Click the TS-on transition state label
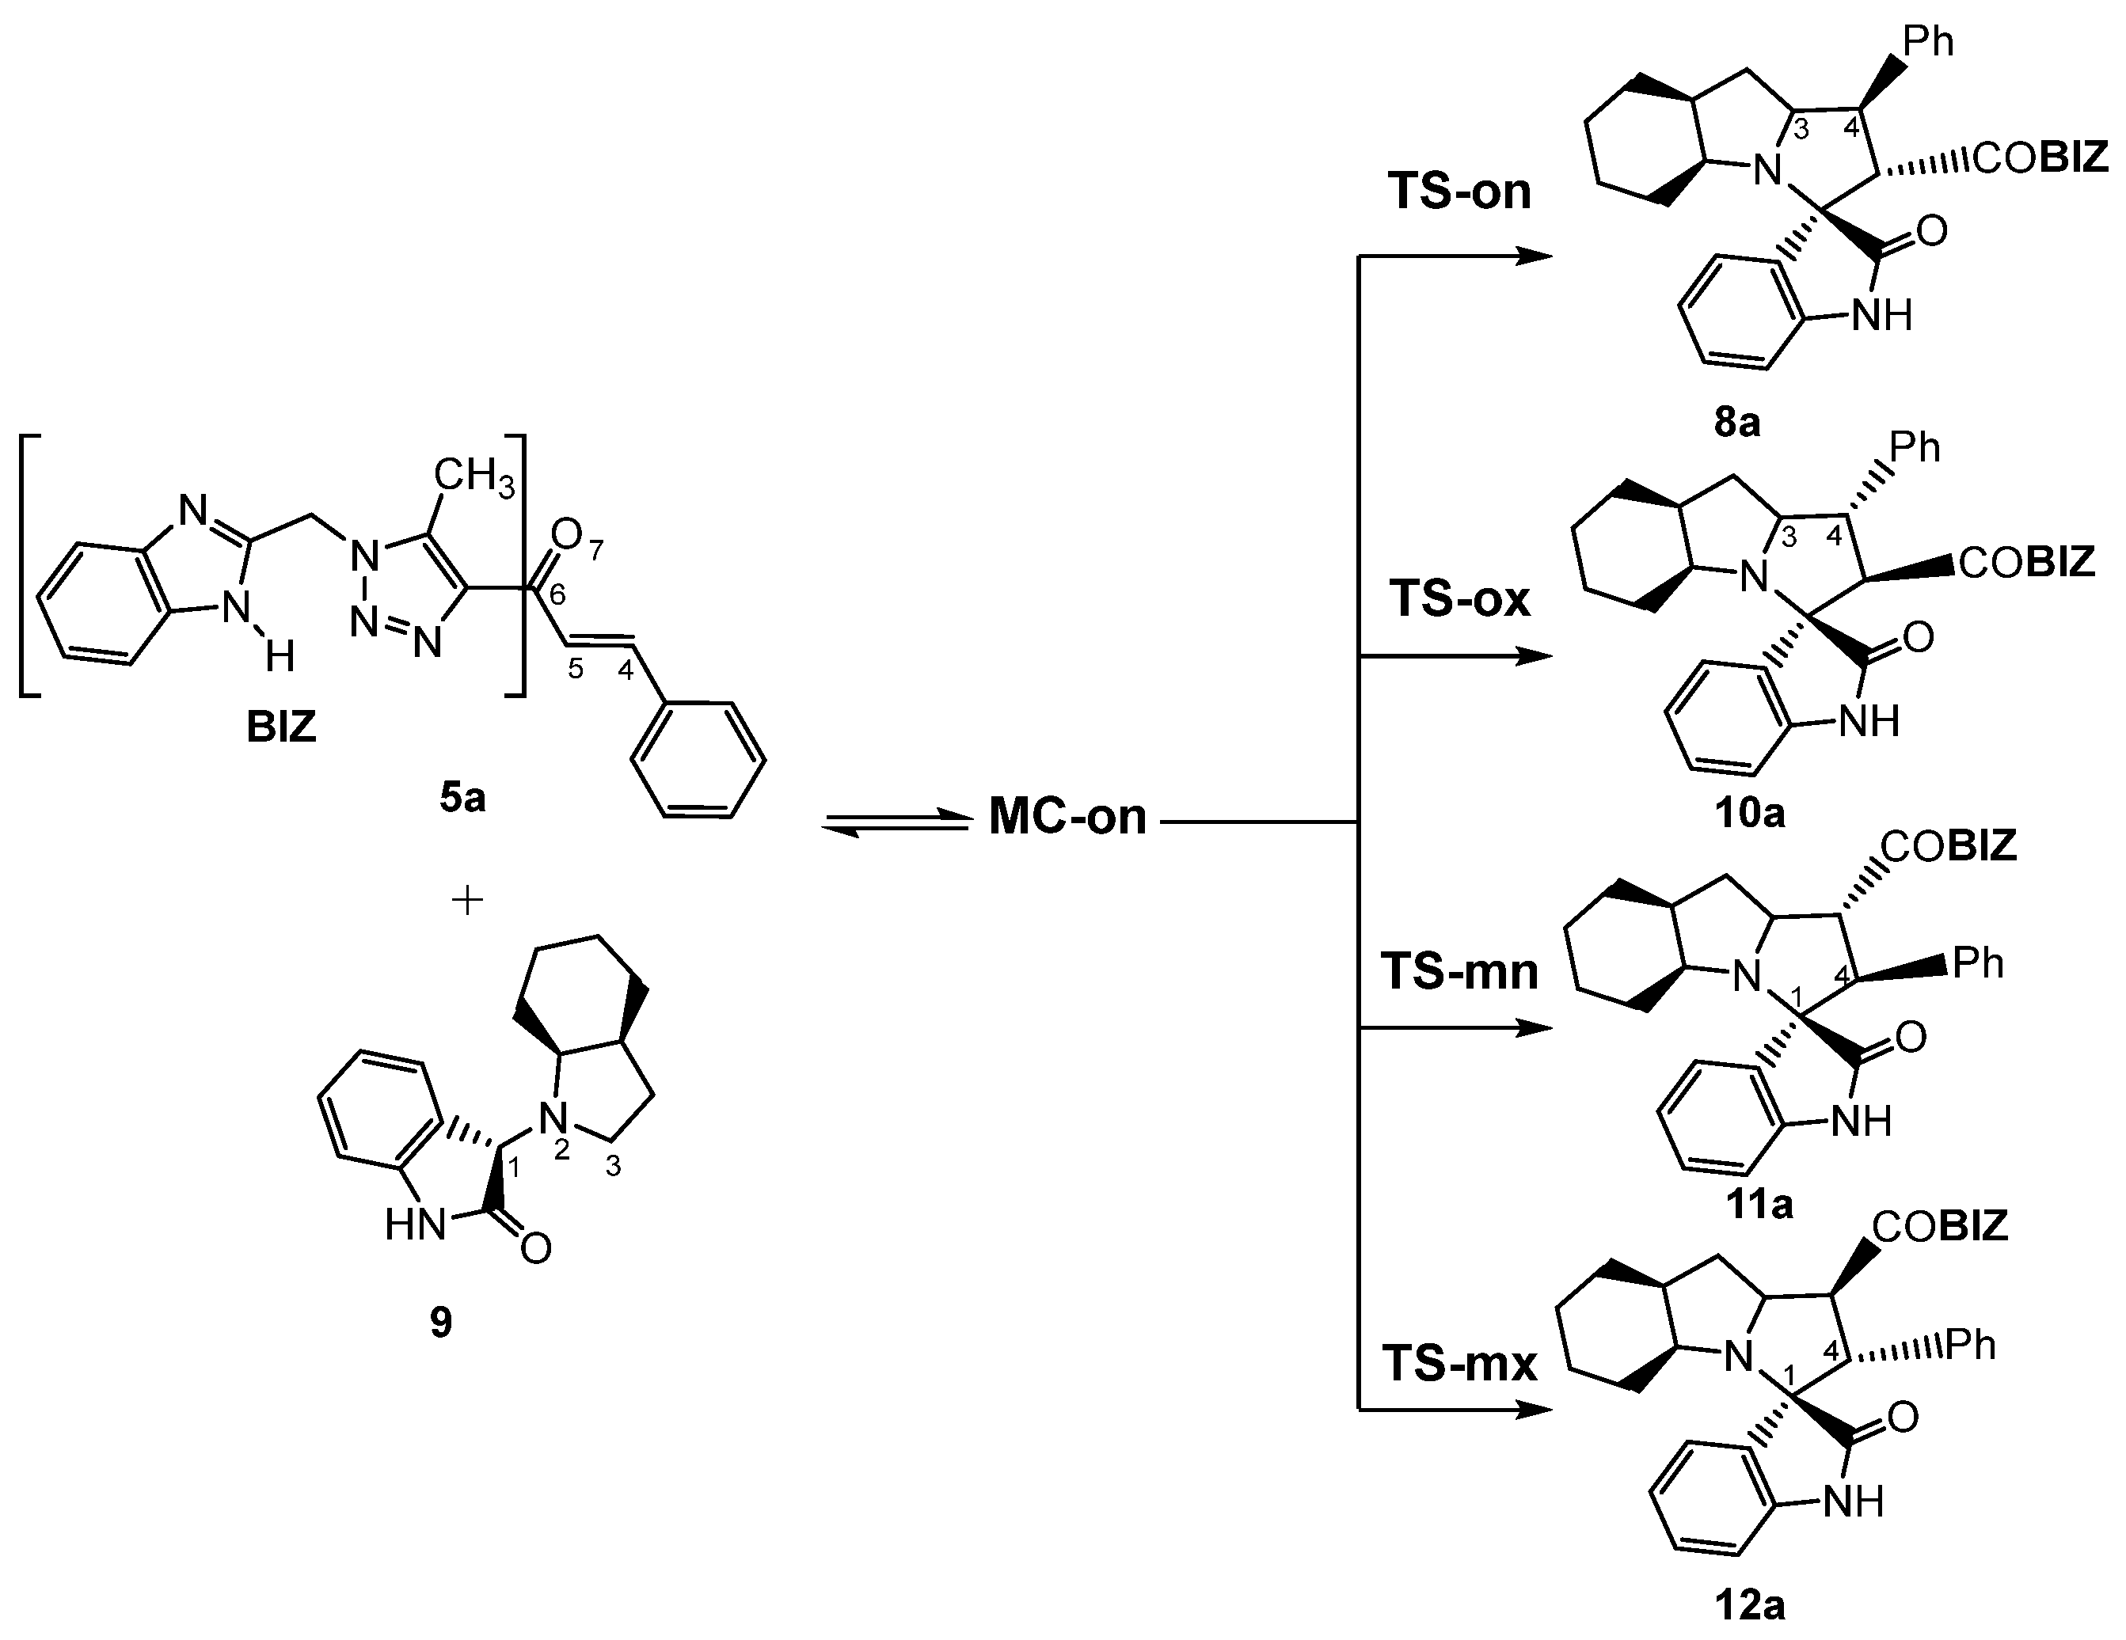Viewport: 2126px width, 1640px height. tap(1459, 191)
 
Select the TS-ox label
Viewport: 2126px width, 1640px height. tap(1459, 598)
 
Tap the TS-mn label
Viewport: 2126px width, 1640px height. tap(1459, 971)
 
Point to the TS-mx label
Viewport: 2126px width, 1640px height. tap(1459, 1363)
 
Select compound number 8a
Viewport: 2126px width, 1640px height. tap(1737, 423)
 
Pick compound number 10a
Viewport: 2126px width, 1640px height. tap(1749, 812)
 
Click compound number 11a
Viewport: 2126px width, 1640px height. tap(1759, 1205)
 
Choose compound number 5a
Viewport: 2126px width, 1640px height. tap(462, 797)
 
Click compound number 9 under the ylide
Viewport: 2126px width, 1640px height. tap(441, 1322)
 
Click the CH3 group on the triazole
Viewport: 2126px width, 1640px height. tap(474, 478)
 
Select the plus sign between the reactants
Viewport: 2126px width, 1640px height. tap(468, 900)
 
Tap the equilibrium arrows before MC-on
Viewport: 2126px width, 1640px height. tap(896, 822)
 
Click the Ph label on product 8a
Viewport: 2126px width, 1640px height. tap(1928, 42)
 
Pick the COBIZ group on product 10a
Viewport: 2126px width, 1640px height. tap(2027, 563)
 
